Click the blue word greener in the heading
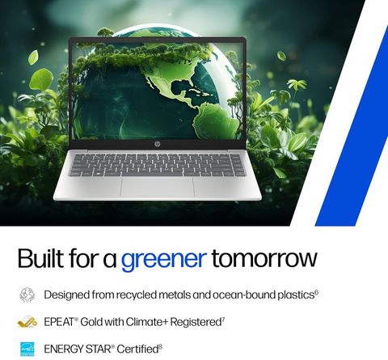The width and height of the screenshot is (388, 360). (164, 260)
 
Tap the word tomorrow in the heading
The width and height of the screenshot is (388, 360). (264, 258)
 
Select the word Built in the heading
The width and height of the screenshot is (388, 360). (41, 257)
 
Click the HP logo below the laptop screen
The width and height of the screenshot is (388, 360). (157, 144)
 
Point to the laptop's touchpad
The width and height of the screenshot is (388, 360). (157, 188)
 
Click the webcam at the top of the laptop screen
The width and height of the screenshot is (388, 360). (157, 40)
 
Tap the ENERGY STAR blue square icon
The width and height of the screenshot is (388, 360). (27, 349)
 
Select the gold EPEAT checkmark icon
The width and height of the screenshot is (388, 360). (27, 322)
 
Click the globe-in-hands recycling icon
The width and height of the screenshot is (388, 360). (27, 294)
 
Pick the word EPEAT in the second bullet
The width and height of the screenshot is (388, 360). (59, 322)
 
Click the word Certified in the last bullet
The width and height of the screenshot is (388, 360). (137, 349)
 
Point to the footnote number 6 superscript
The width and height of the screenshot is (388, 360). (316, 292)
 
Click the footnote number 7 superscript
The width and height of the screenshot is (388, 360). (223, 320)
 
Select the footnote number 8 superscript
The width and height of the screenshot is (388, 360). (160, 346)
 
